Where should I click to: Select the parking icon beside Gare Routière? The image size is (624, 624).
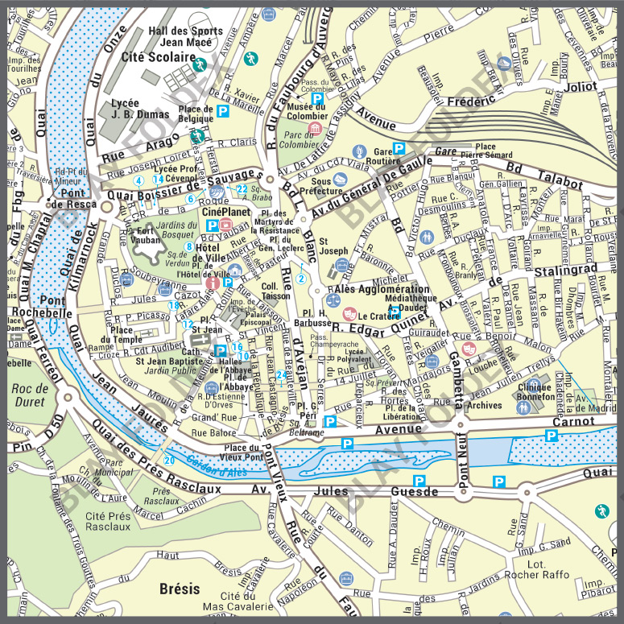(x=398, y=147)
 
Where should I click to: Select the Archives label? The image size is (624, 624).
(x=484, y=406)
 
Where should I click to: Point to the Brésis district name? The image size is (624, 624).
(x=180, y=587)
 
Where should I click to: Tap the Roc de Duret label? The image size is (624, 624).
(x=31, y=395)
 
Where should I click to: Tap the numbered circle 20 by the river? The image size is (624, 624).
(x=169, y=460)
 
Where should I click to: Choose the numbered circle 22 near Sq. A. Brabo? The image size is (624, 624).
(x=242, y=188)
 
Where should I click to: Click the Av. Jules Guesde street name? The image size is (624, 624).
(x=347, y=490)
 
